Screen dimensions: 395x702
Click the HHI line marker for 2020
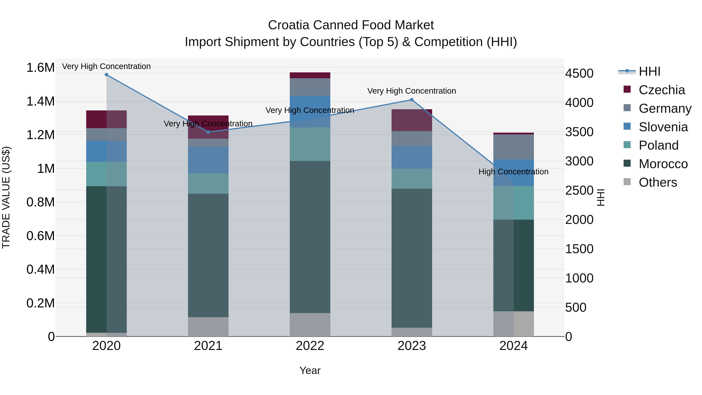tap(106, 75)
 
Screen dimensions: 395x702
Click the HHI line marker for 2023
tap(412, 100)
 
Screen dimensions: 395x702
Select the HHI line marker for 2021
tap(208, 132)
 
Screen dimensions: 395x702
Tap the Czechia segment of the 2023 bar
tap(412, 120)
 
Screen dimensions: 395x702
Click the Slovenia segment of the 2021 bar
tap(208, 160)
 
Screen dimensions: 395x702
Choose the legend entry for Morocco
tap(663, 164)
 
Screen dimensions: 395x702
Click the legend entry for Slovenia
tap(663, 127)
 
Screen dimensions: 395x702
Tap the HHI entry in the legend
tap(649, 71)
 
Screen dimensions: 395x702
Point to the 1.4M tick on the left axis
tap(40, 101)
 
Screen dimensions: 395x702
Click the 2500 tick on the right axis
tap(579, 190)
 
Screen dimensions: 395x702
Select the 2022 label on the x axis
tap(310, 346)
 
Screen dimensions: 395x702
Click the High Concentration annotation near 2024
tap(513, 172)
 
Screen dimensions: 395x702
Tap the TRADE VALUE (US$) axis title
tap(6, 197)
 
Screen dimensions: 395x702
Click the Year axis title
tap(310, 370)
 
